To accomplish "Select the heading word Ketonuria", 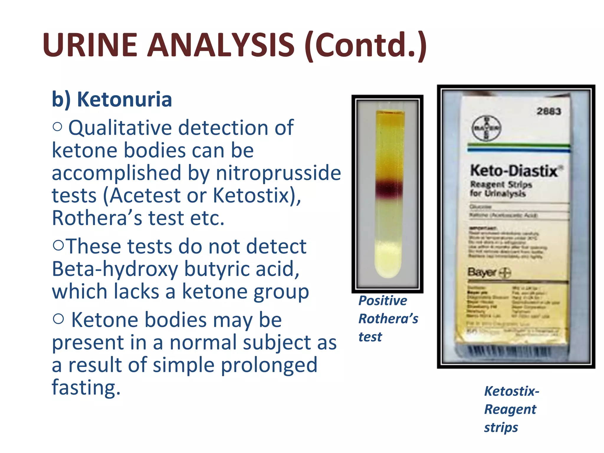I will tap(124, 99).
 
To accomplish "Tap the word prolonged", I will tap(269, 365).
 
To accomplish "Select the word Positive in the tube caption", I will tap(383, 301).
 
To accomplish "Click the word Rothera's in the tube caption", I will tap(388, 319).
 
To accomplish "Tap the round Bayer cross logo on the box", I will tap(486, 128).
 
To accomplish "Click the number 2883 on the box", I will tap(549, 111).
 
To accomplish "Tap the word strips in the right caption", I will tap(501, 427).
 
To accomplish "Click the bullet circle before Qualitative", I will tap(58, 127).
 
